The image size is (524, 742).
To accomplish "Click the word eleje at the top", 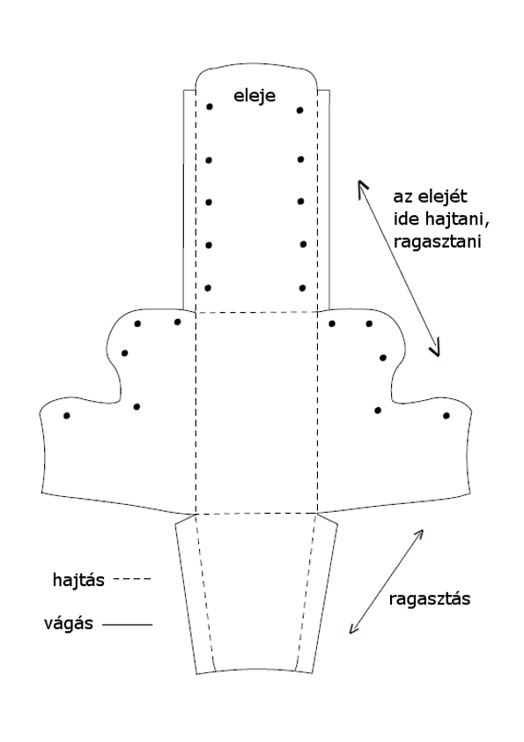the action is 255,96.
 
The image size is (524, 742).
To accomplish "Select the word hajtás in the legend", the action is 78,580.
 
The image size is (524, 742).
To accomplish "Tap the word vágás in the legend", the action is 69,624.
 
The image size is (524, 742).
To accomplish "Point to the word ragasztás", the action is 430,599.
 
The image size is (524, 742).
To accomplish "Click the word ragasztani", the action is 437,241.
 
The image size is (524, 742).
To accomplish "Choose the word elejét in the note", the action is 443,196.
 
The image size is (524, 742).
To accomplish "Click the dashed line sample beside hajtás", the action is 133,579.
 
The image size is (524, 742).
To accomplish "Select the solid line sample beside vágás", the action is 127,625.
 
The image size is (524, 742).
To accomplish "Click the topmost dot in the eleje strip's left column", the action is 210,107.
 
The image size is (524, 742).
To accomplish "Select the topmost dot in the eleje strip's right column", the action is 299,110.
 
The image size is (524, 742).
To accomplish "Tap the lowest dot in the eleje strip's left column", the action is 208,287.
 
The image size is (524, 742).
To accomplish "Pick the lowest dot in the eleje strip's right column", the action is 302,287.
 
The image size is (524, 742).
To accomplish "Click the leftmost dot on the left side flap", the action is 67,415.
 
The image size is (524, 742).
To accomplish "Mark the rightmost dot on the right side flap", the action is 446,415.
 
